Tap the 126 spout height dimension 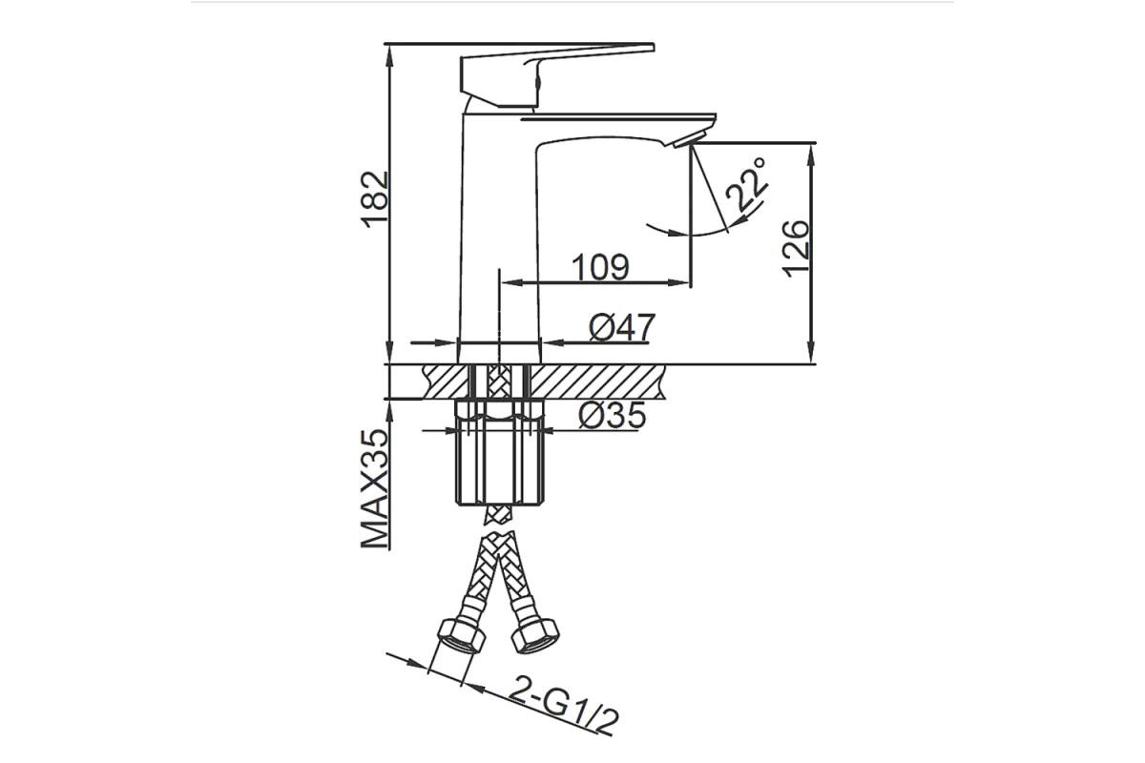[796, 249]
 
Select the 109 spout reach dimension [600, 267]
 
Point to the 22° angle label [747, 184]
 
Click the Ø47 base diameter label [621, 327]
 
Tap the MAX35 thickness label [375, 489]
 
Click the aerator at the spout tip [690, 139]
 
